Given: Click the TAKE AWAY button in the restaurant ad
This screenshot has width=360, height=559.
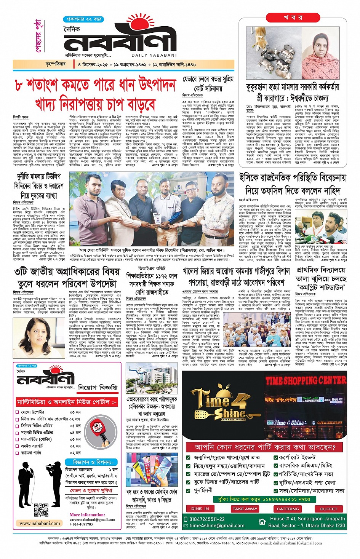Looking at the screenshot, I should pos(245,508).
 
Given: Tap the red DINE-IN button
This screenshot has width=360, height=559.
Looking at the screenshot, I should pos(200,508).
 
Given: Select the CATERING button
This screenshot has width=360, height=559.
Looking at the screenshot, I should pos(288,508).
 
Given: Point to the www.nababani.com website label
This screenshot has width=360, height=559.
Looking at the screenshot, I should pos(40,523).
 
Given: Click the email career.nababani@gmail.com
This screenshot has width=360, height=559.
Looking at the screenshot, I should pos(92,519).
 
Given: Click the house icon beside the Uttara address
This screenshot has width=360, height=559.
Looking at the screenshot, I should pos(262,522).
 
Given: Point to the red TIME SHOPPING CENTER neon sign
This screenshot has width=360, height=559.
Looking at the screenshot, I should pos(306,380).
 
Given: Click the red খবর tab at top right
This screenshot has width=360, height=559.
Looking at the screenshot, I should pos(293,18).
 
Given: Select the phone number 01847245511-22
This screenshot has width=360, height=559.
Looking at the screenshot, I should pos(207,519).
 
